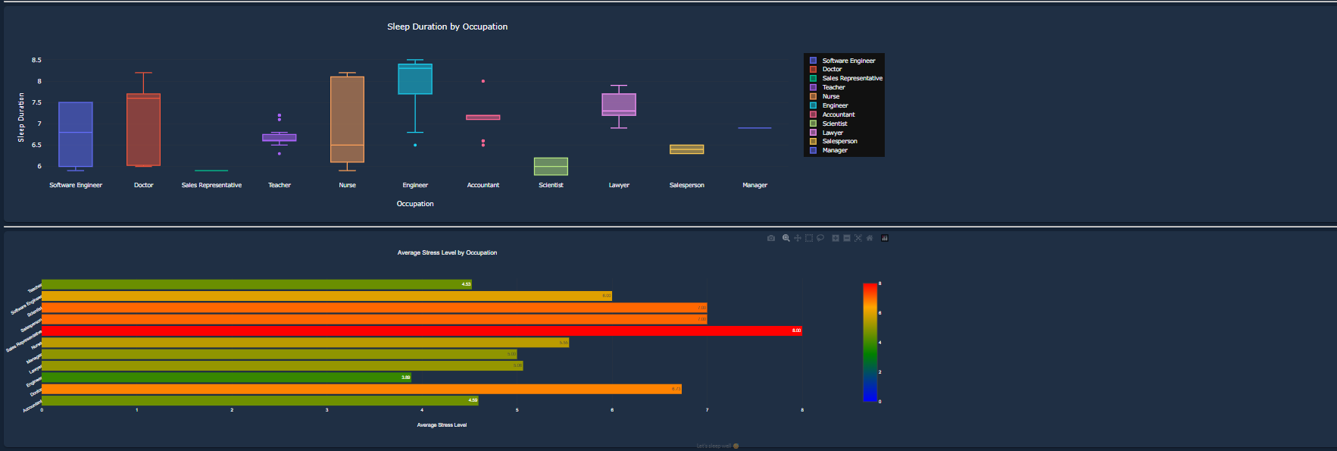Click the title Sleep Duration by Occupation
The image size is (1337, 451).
(447, 27)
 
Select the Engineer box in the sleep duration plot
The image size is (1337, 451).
(415, 80)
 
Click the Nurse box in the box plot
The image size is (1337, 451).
(347, 119)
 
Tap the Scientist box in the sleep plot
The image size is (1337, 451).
(551, 166)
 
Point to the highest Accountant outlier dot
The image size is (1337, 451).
(483, 81)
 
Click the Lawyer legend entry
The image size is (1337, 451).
(833, 133)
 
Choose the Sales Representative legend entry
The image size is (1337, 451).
(851, 78)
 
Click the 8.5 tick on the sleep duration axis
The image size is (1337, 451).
(36, 60)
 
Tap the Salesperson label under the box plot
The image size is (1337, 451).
(686, 185)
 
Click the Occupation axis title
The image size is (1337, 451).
(415, 204)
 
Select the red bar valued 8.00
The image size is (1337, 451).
(421, 330)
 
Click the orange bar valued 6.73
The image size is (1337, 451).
(361, 389)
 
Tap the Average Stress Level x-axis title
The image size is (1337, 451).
(442, 425)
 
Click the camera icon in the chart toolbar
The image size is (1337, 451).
(771, 238)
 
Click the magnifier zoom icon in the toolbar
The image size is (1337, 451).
(786, 238)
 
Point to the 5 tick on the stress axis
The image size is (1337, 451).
(517, 410)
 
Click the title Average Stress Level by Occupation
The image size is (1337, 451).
(447, 252)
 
